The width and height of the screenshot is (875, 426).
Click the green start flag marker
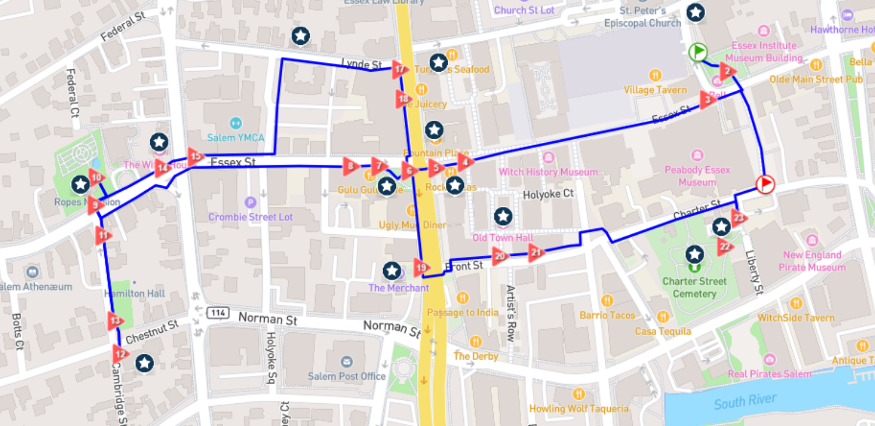[x=697, y=52]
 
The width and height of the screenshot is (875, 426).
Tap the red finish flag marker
[x=765, y=185]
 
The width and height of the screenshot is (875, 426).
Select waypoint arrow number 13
[x=115, y=321]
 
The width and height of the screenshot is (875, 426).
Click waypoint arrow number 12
[x=120, y=353]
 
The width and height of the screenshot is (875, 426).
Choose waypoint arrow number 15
[x=196, y=156]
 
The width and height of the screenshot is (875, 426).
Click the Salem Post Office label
[x=347, y=376]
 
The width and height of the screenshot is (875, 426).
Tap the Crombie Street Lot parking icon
[x=251, y=202]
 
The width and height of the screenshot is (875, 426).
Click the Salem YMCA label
[x=236, y=138]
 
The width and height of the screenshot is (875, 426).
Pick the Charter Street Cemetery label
[x=694, y=287]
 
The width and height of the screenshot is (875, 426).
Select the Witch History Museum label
[x=548, y=172]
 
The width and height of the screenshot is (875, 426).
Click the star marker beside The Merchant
[x=392, y=270]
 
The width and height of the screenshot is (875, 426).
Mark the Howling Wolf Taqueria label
[x=578, y=409]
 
